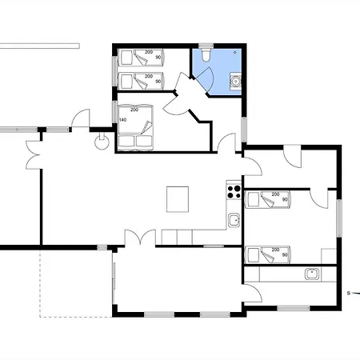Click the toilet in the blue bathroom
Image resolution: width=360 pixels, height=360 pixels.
206,54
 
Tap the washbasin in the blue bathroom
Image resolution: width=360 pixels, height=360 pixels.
236,81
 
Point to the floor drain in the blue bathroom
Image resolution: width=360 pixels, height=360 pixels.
235,52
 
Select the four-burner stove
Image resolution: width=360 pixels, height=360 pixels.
234,192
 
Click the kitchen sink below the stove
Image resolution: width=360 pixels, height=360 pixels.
234,220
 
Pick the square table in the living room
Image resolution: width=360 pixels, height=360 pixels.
178,199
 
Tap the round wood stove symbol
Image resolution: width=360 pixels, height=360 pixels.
102,142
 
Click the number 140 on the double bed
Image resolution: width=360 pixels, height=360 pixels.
122,120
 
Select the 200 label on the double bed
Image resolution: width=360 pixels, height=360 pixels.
134,110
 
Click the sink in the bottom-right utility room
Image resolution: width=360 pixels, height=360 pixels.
312,274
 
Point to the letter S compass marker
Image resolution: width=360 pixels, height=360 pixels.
348,294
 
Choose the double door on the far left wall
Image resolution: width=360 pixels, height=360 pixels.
33,154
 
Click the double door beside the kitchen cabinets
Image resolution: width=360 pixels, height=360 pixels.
140,237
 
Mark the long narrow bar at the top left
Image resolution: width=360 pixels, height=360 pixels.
39,46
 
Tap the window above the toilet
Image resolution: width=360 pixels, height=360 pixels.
206,46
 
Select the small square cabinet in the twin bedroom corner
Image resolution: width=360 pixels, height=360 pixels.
329,256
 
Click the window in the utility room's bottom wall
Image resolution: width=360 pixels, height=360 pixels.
294,308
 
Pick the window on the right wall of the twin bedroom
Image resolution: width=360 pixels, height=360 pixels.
339,218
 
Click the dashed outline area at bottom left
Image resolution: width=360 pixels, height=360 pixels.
76,284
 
